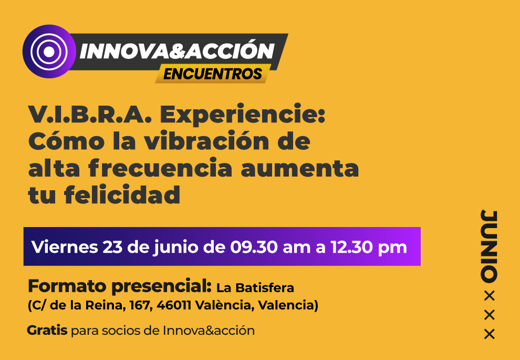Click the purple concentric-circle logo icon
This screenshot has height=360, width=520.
(49, 52)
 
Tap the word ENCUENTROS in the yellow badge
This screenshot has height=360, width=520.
(213, 74)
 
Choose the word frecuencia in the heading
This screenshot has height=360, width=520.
(160, 168)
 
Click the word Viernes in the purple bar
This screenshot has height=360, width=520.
(65, 247)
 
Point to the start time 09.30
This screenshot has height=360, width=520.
(254, 247)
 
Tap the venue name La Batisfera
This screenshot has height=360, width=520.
(255, 287)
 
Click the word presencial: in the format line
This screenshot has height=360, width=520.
(161, 286)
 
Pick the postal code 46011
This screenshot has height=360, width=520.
(174, 305)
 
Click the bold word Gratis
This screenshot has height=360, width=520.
(47, 331)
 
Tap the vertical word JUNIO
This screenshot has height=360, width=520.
(489, 246)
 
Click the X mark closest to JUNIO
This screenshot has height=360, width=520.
(490, 296)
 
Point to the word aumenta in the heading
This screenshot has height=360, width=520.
(300, 169)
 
